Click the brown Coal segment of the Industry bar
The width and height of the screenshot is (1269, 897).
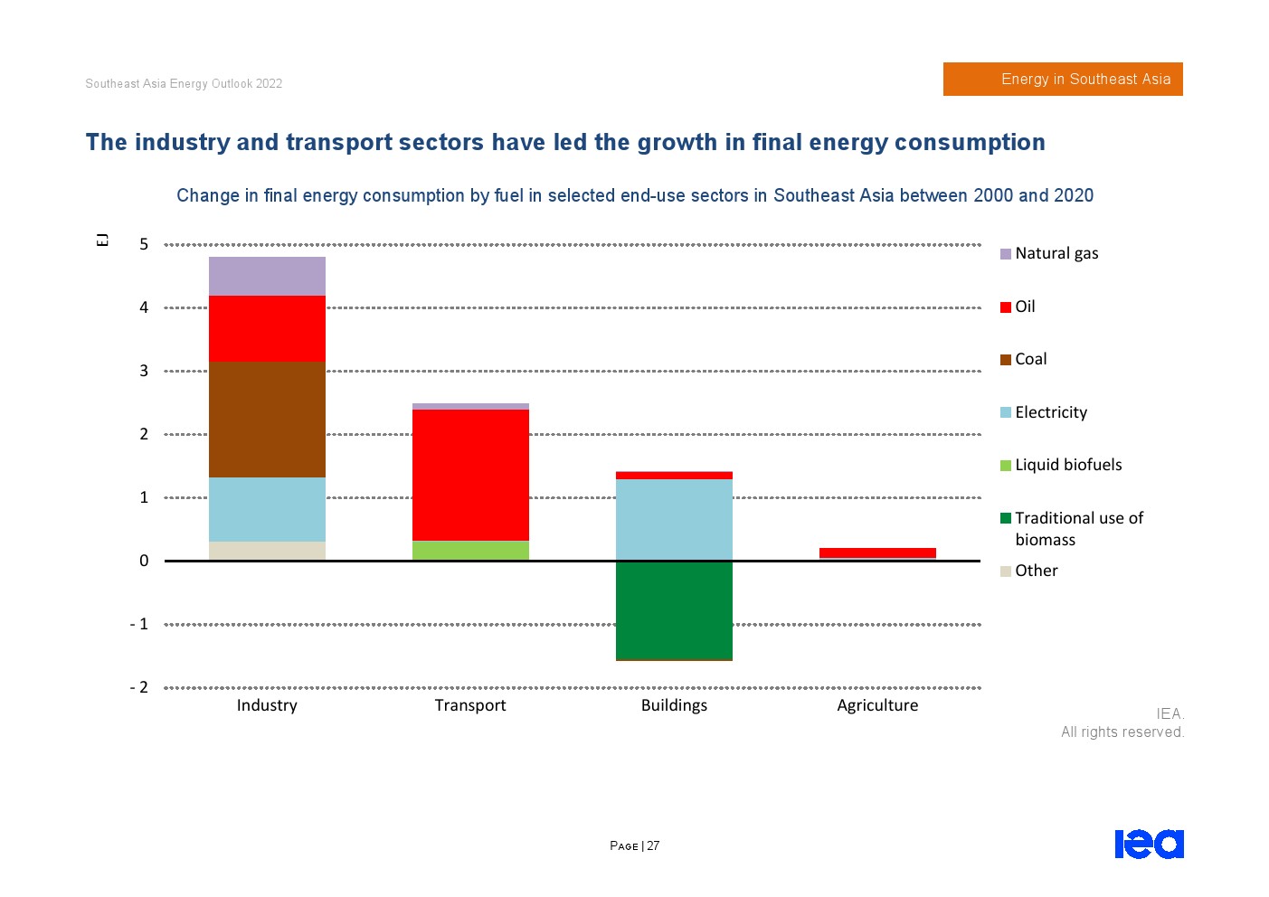(x=267, y=420)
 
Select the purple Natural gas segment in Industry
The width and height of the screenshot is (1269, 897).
(x=267, y=276)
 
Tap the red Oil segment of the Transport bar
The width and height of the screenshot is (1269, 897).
(x=470, y=475)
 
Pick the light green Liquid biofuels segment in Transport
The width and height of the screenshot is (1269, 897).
(x=470, y=550)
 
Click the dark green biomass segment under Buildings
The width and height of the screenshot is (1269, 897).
(x=674, y=610)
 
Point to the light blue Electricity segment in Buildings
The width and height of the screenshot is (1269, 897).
(x=674, y=519)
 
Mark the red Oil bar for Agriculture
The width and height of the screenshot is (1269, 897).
(x=877, y=552)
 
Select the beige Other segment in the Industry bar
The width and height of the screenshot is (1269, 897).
(x=267, y=551)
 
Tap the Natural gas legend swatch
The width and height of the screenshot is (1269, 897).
(x=1005, y=254)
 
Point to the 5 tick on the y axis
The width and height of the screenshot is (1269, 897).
(x=144, y=244)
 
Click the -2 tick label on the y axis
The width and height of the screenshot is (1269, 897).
(x=139, y=687)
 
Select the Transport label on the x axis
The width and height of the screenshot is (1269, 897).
(x=470, y=705)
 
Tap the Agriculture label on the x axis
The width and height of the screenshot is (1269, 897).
(x=877, y=705)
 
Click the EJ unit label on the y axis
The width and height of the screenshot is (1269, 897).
(x=102, y=240)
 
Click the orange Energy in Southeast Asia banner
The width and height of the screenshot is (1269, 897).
(x=1063, y=79)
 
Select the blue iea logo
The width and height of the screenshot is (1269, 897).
(x=1149, y=844)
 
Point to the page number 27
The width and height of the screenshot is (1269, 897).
(x=653, y=846)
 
